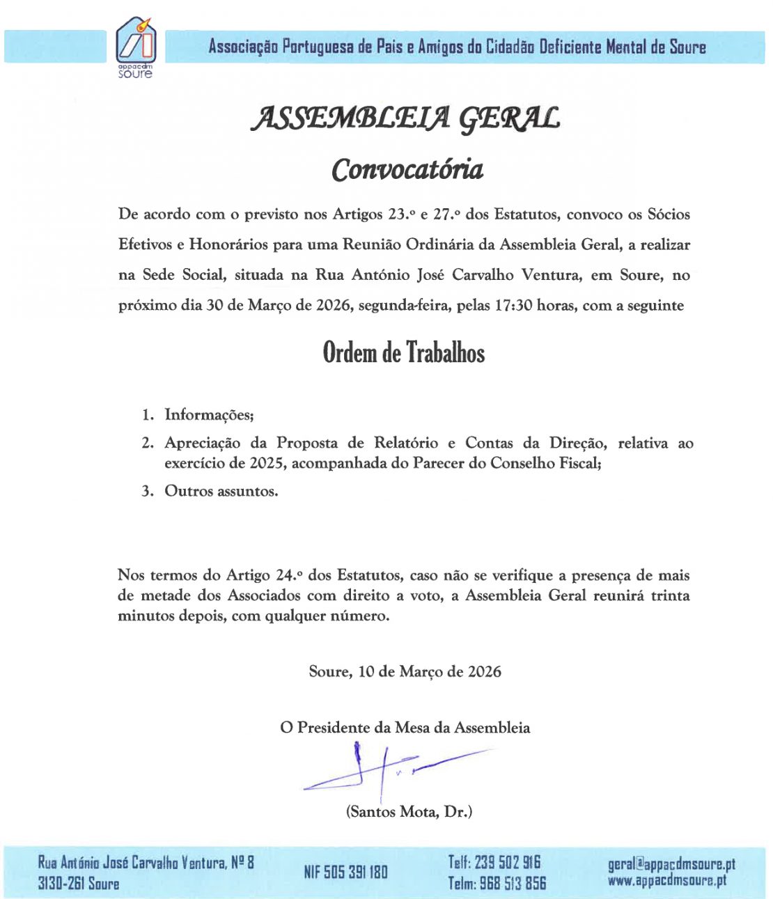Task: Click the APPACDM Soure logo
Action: pos(136,47)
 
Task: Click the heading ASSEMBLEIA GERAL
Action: pos(405,119)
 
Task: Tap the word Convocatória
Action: pos(407,169)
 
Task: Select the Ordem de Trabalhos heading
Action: pos(404,352)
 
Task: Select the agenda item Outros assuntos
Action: pos(221,491)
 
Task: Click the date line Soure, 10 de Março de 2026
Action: pos(405,671)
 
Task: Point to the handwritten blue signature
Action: pos(390,769)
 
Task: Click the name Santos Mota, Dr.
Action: pos(409,811)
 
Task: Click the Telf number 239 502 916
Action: pos(508,862)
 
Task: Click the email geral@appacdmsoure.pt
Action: pos(671,864)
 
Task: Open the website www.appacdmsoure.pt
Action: pos(666,880)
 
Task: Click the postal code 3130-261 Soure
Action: pos(79,884)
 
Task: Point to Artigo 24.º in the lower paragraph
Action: pos(265,575)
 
